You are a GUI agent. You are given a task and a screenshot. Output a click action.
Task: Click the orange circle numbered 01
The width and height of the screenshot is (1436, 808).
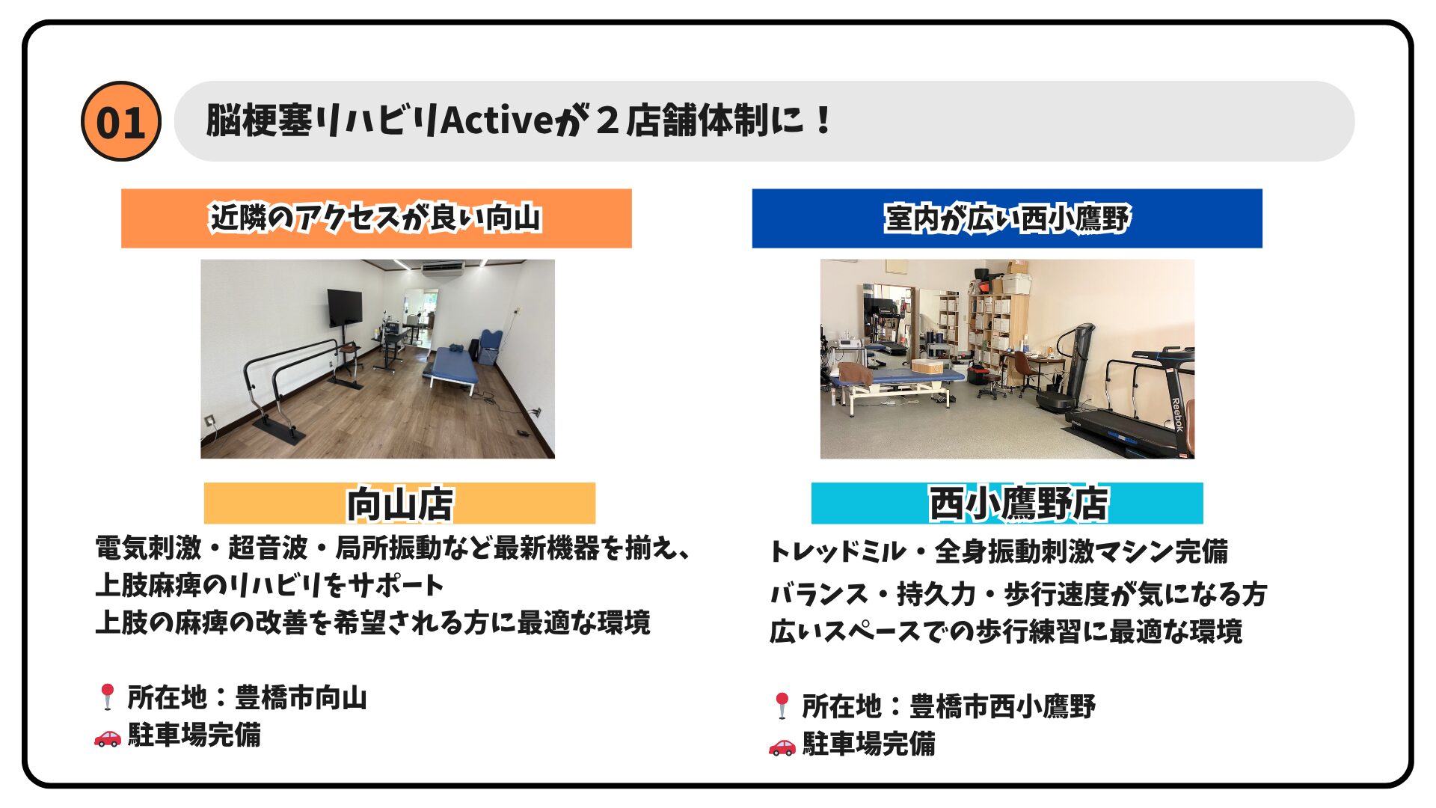pos(120,121)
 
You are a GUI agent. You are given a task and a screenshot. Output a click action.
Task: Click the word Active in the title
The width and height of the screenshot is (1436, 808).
pos(496,120)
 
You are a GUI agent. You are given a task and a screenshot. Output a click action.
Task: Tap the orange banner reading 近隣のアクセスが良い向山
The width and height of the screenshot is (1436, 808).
pos(376,218)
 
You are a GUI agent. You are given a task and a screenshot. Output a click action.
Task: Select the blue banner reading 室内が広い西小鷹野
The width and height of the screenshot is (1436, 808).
pos(1007,218)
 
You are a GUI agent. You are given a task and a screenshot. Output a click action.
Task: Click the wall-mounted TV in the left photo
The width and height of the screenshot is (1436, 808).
pos(344,307)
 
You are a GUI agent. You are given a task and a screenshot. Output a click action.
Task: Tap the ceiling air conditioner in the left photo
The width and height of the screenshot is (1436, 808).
pos(442,267)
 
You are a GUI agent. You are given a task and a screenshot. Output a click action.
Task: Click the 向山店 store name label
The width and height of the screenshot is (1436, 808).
pos(399,504)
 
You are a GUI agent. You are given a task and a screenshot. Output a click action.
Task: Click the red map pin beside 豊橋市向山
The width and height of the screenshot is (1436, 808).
pos(107,697)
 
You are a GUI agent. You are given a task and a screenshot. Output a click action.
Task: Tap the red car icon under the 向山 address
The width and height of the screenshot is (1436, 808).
pos(107,737)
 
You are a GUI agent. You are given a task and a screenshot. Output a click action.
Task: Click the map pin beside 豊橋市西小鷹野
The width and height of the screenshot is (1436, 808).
pos(782,706)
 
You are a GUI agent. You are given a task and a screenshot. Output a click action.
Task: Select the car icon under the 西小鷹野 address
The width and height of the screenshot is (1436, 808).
pos(782,746)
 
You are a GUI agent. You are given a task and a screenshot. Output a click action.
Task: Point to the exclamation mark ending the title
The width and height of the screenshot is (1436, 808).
pos(823,120)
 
